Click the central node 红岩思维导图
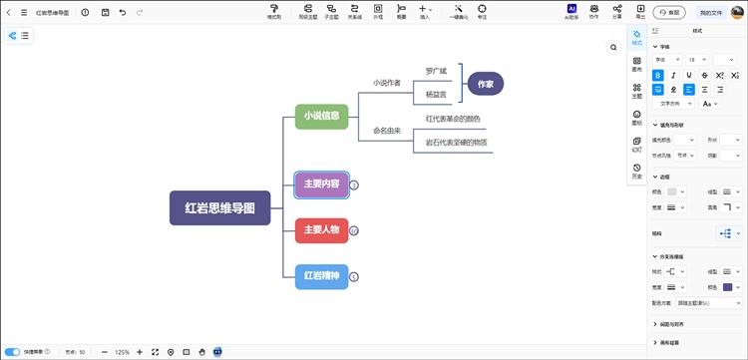coord(219,207)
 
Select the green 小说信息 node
coord(321,116)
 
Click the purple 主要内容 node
coord(321,184)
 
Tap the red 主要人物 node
coord(321,230)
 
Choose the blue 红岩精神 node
coord(321,276)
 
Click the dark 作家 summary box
coord(486,84)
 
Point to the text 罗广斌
coord(436,71)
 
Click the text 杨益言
coord(436,94)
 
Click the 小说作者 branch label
coord(386,83)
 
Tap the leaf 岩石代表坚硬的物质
coord(456,143)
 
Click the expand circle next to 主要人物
coord(353,230)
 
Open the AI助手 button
coord(571,12)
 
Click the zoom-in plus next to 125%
coord(140,352)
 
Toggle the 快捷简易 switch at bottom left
coord(13,352)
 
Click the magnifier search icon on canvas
coord(613,47)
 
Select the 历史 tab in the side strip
coord(637,172)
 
